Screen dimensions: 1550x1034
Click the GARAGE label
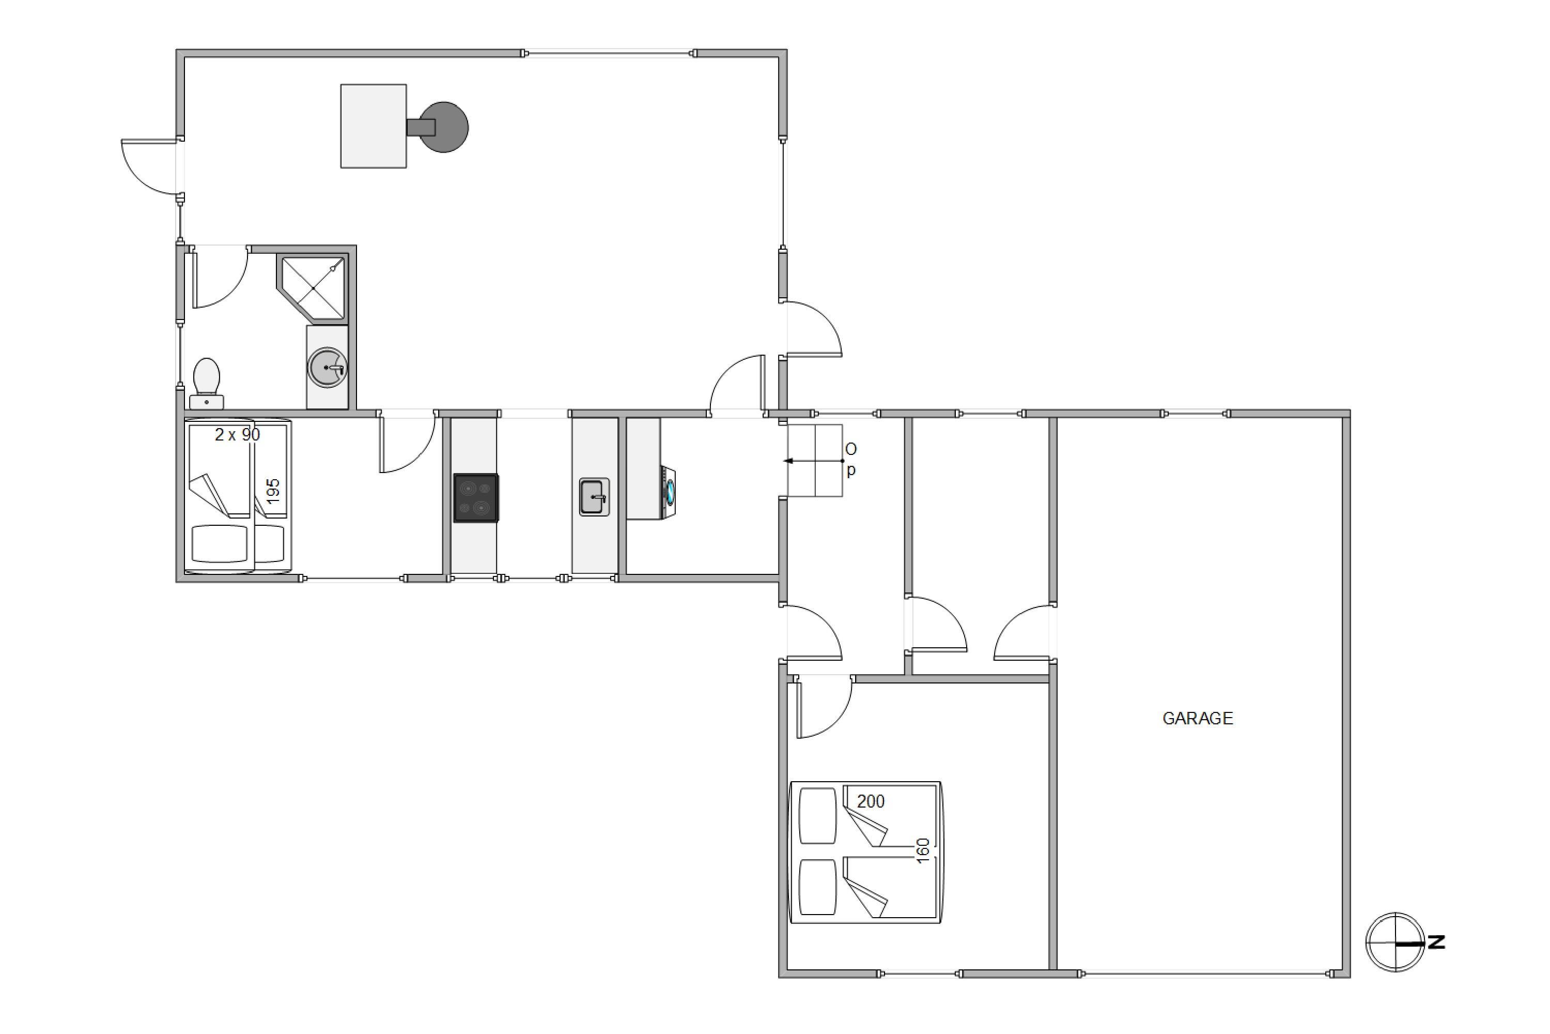tap(1198, 718)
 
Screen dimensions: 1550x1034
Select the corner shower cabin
tap(313, 288)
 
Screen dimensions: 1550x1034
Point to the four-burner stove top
tap(476, 498)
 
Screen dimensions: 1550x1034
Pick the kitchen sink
tap(594, 496)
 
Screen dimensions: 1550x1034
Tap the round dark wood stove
tap(443, 127)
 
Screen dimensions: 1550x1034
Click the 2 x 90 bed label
tap(237, 435)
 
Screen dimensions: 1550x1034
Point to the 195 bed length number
tap(273, 491)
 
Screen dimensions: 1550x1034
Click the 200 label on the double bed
tap(871, 801)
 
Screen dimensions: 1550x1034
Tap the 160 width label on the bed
tap(923, 850)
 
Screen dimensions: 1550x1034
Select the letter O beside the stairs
tap(851, 449)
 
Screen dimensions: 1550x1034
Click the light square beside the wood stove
tap(373, 126)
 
